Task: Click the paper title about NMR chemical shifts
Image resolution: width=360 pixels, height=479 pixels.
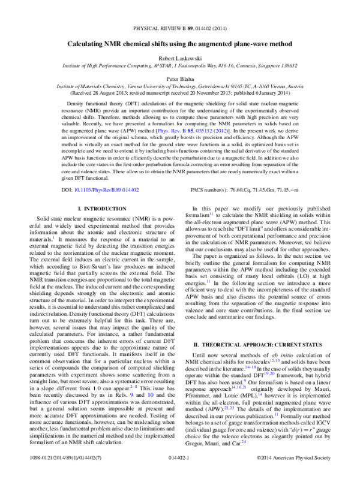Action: [179, 44]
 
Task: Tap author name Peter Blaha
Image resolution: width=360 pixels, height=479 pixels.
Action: [179, 78]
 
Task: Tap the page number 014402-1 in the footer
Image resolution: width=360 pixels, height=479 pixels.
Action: [180, 474]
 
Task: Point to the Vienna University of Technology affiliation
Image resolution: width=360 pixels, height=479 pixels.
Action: [179, 86]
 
